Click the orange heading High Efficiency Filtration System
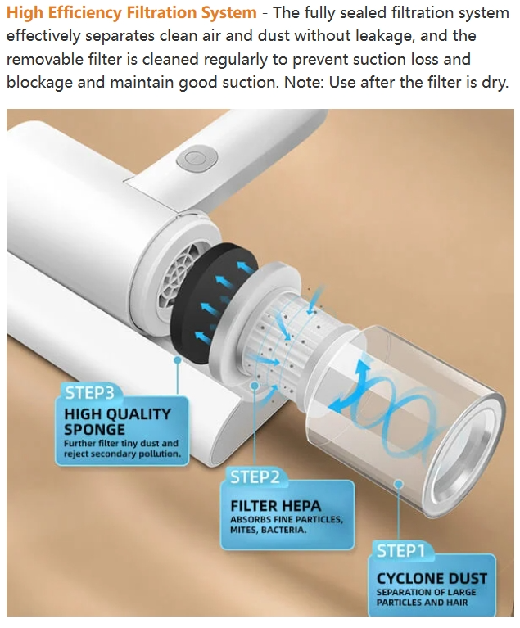point(132,13)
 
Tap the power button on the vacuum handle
point(197,159)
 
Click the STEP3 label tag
point(89,392)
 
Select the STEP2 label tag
point(255,477)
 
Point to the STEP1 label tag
point(400,551)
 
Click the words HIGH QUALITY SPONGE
point(118,422)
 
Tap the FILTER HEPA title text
point(276,506)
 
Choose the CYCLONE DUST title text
point(432,578)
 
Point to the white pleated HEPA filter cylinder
point(285,341)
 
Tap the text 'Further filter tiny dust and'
point(121,443)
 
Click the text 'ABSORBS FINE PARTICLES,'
point(287,519)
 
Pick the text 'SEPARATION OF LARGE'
point(427,592)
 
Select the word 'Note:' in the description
point(305,83)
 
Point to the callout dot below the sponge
point(178,360)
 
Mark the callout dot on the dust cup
point(398,484)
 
